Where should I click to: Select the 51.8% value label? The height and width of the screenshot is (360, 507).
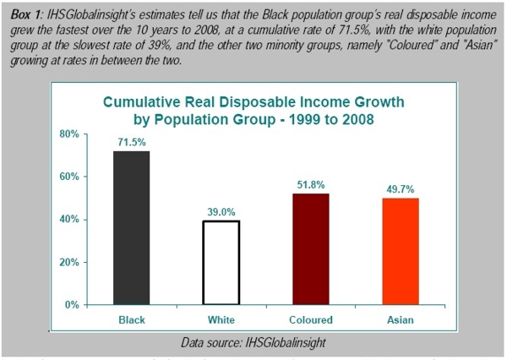pyautogui.click(x=308, y=185)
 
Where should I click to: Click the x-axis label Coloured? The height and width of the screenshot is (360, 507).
pyautogui.click(x=308, y=320)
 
